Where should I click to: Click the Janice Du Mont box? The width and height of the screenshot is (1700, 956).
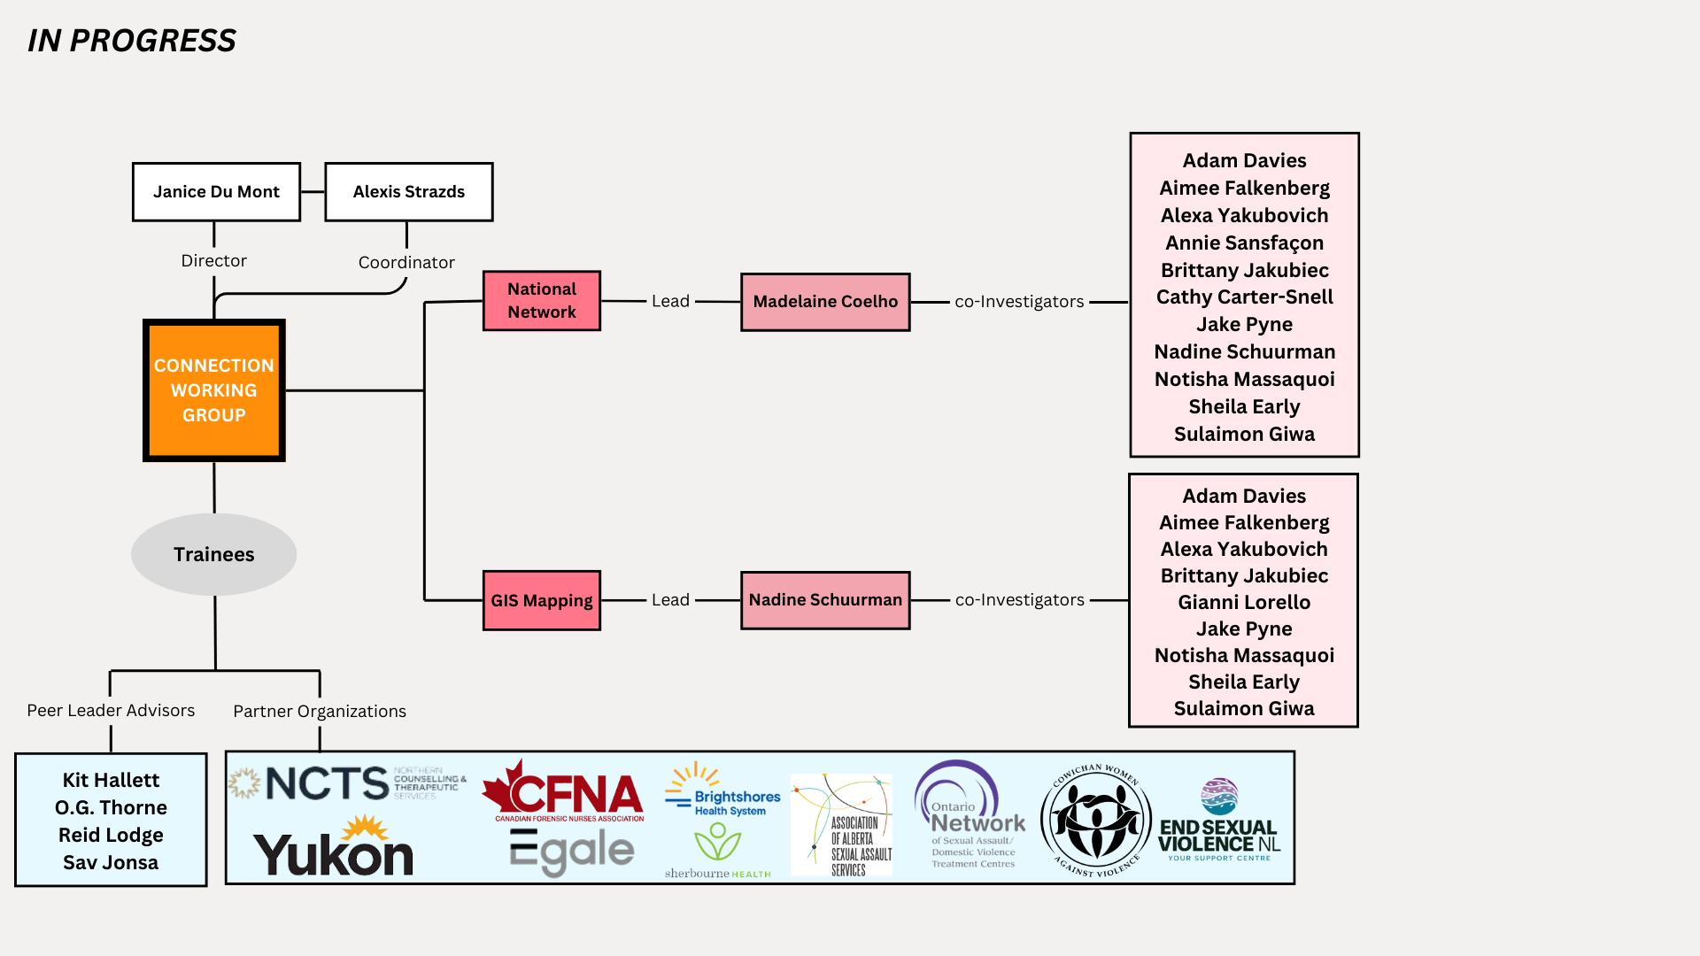pos(216,191)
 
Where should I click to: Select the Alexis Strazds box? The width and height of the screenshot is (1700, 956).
pos(408,191)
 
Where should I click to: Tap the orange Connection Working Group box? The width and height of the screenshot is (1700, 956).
pos(214,390)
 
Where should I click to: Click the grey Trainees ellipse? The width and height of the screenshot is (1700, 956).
pos(213,554)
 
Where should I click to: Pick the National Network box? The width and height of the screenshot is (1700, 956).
pos(541,301)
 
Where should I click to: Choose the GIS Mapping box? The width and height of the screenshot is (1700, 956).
pos(541,600)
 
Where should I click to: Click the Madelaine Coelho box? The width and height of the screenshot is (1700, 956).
pos(825,302)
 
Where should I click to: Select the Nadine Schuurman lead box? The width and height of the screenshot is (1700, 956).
pos(825,600)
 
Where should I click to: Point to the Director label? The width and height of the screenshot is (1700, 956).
pos(213,261)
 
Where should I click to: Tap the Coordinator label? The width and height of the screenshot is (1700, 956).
pos(406,263)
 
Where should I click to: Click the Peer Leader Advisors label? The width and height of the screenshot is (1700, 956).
pos(111,711)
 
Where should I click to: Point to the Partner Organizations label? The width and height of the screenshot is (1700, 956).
pos(320,712)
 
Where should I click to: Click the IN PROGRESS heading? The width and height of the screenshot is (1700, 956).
pos(132,41)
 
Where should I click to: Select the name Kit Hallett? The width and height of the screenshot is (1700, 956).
pos(111,780)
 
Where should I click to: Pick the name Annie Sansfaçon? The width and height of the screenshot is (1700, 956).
pos(1244,243)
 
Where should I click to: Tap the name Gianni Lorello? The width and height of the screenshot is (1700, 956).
pos(1244,602)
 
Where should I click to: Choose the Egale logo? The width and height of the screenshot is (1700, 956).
pos(572,852)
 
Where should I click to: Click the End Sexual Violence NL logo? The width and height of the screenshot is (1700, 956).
pos(1219,821)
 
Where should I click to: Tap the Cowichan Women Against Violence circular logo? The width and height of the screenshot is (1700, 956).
pos(1096,821)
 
